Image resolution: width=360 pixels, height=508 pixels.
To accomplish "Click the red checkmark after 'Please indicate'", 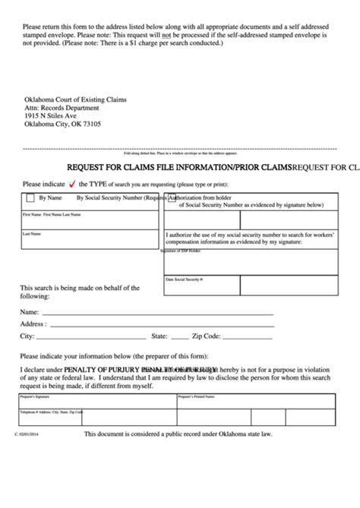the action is (72, 184).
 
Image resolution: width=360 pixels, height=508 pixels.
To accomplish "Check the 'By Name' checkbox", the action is (31, 198).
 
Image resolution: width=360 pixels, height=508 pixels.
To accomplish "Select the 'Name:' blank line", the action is (156, 312).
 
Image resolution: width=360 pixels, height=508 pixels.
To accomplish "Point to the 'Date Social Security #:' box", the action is (251, 286).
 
